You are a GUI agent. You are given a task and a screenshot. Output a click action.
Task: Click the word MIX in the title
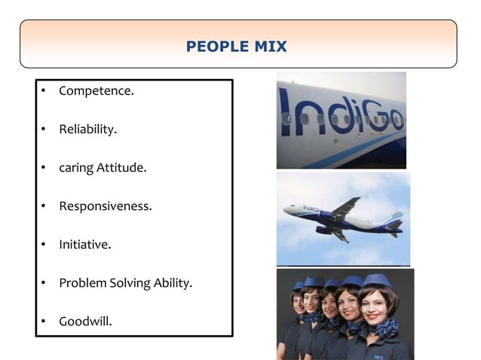(x=271, y=47)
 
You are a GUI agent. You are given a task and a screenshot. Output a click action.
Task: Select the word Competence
(x=97, y=91)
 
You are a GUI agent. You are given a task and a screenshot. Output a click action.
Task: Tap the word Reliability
(x=88, y=130)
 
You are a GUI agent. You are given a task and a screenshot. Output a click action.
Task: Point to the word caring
(x=76, y=168)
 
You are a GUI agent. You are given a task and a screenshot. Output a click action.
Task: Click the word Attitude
(x=121, y=167)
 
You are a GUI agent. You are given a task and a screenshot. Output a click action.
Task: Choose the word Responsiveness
(x=106, y=206)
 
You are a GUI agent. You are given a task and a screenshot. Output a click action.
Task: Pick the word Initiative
(x=85, y=245)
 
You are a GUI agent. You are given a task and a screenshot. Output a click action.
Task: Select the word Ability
(x=174, y=283)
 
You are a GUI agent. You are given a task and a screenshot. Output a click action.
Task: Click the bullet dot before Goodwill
(x=44, y=322)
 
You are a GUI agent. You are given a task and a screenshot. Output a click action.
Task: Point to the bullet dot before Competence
(x=44, y=92)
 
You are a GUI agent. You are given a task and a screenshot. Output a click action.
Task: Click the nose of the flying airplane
(x=286, y=210)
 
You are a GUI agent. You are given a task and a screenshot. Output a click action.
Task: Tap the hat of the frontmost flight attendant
(x=375, y=282)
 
